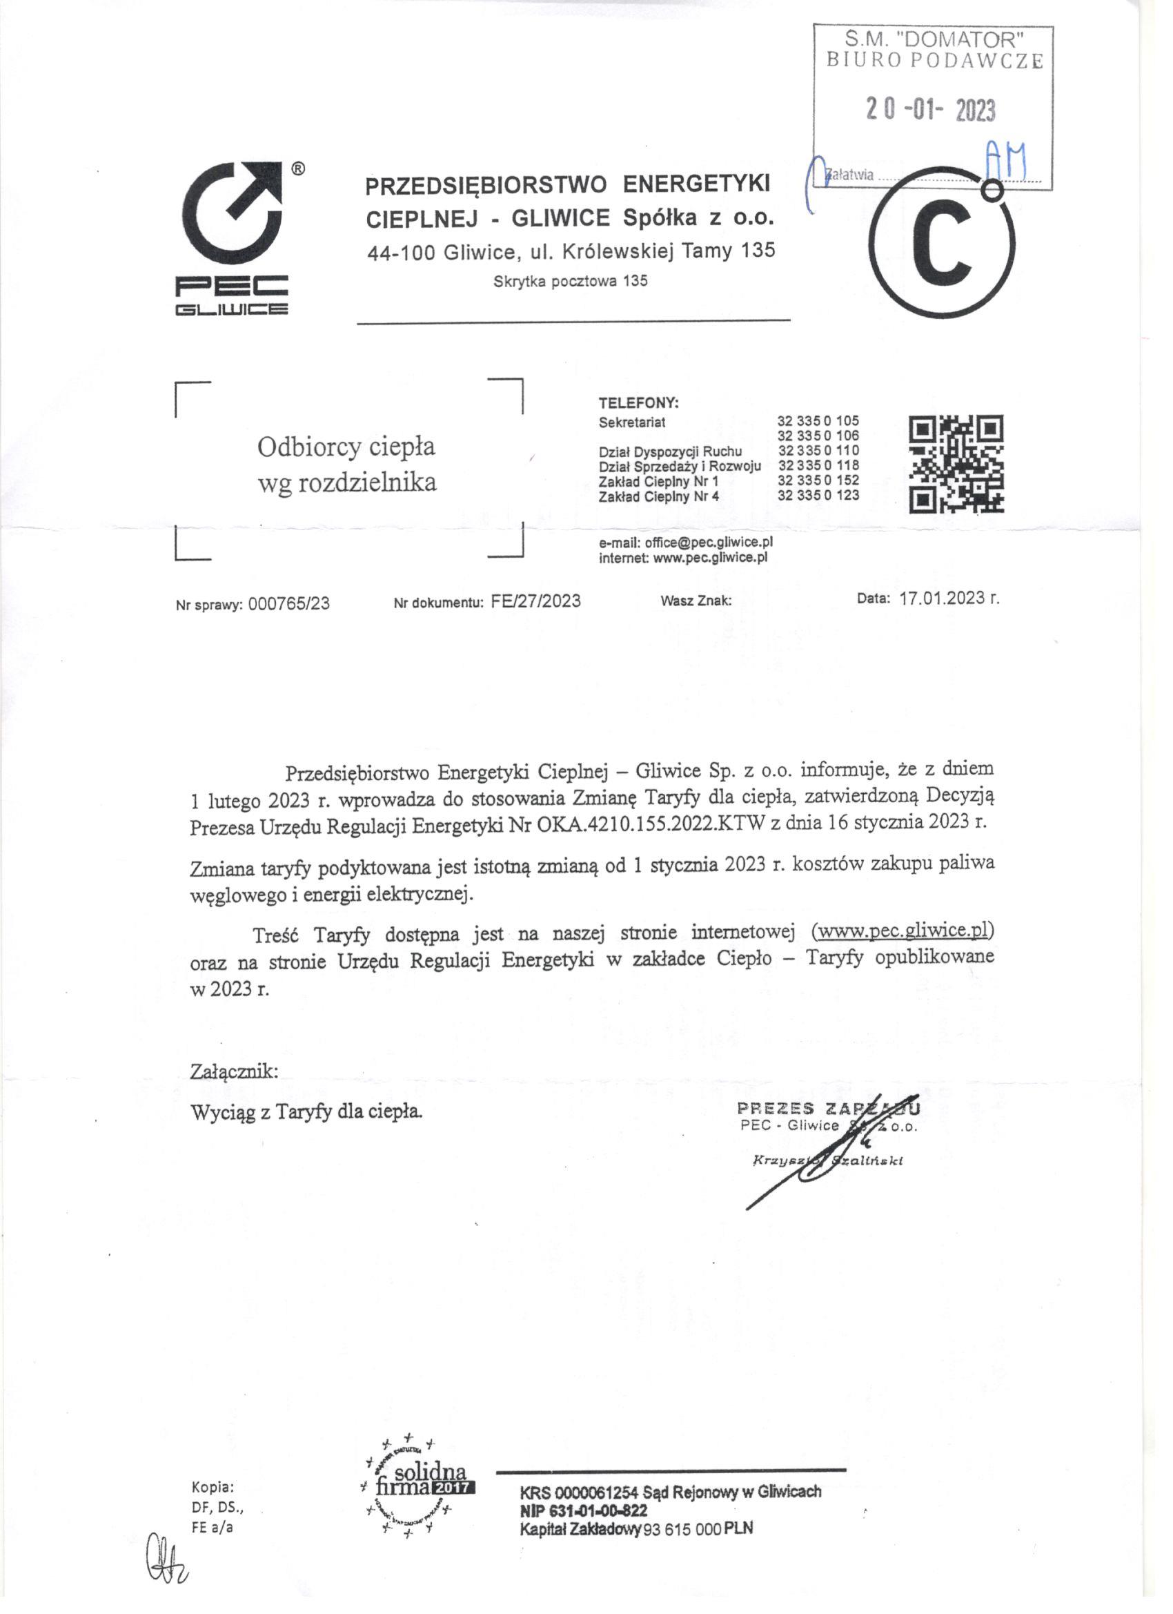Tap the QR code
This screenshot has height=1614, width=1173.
956,464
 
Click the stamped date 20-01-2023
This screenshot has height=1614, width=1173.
929,110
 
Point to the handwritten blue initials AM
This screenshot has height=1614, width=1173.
1005,159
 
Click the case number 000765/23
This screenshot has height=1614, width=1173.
289,604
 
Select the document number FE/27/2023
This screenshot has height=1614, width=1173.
535,601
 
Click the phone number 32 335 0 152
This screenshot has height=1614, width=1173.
818,480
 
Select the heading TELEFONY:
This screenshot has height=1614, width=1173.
638,402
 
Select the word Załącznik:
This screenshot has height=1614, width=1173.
234,1071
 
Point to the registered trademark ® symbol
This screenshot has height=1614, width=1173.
299,168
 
